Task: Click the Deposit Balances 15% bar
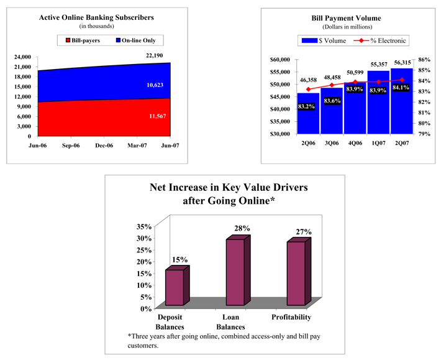click(x=175, y=287)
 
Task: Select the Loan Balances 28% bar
click(x=235, y=272)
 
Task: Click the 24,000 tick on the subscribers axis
click(x=22, y=57)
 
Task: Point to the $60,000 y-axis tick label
click(x=280, y=60)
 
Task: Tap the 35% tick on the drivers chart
click(x=144, y=226)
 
